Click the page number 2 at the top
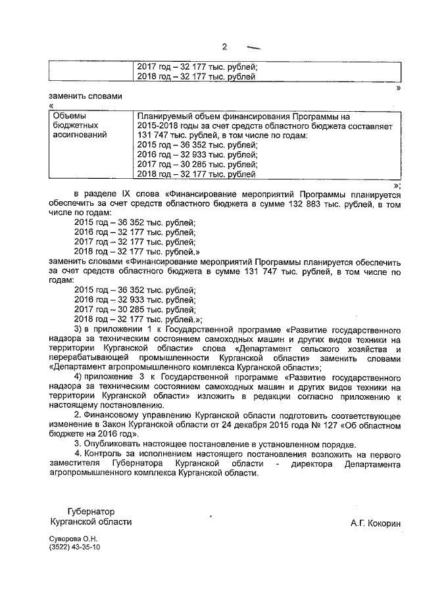point(224,46)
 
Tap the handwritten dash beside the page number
point(252,48)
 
